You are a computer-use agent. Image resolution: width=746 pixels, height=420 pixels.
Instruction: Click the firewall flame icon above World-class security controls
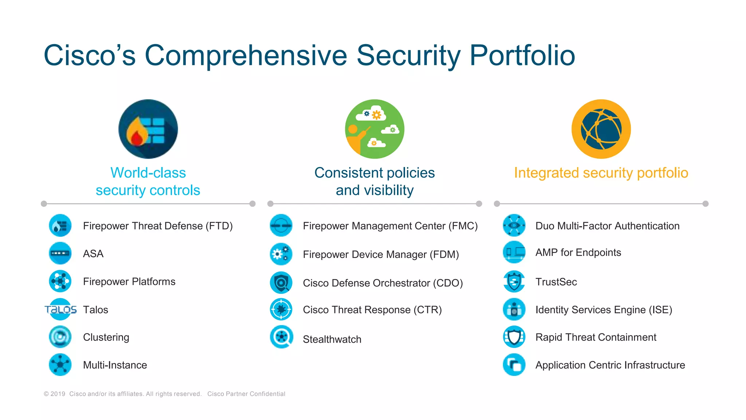pyautogui.click(x=148, y=129)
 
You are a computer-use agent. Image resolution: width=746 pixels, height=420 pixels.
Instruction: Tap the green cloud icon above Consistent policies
pyautogui.click(x=374, y=129)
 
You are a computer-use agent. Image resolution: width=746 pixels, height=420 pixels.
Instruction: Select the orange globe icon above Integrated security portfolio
pyautogui.click(x=601, y=129)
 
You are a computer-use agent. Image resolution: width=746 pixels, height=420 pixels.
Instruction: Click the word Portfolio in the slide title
pyautogui.click(x=522, y=55)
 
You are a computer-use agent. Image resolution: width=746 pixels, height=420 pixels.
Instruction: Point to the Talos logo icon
pyautogui.click(x=60, y=310)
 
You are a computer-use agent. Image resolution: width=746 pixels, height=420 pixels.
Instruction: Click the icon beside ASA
pyautogui.click(x=60, y=253)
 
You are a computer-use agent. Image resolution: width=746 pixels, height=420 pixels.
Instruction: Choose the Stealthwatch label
pyautogui.click(x=332, y=339)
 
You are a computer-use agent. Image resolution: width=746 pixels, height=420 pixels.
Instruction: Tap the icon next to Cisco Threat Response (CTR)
pyautogui.click(x=281, y=310)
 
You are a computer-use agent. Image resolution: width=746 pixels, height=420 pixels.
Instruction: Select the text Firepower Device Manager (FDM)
pyautogui.click(x=381, y=254)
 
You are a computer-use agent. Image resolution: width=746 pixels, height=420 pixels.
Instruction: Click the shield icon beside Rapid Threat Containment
pyautogui.click(x=514, y=337)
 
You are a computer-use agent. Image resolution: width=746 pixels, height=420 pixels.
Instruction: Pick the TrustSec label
pyautogui.click(x=556, y=282)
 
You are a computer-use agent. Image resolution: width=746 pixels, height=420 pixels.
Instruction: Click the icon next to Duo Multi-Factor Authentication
pyautogui.click(x=514, y=225)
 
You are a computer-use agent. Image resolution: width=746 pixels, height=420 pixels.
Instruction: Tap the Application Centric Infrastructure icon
pyautogui.click(x=514, y=365)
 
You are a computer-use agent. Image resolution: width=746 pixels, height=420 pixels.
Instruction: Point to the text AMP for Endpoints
pyautogui.click(x=578, y=252)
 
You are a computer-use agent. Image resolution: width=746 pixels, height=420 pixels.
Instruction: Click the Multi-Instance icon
pyautogui.click(x=60, y=365)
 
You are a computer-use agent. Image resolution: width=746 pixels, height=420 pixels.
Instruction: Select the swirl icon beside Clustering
pyautogui.click(x=60, y=337)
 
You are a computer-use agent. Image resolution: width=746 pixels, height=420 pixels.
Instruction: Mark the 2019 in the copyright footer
pyautogui.click(x=58, y=394)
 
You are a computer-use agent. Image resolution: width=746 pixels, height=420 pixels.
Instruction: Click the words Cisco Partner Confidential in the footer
pyautogui.click(x=246, y=394)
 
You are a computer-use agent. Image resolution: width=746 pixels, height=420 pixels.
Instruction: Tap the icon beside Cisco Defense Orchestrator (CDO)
pyautogui.click(x=281, y=283)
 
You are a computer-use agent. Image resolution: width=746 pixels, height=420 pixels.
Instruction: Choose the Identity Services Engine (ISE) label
pyautogui.click(x=604, y=310)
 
